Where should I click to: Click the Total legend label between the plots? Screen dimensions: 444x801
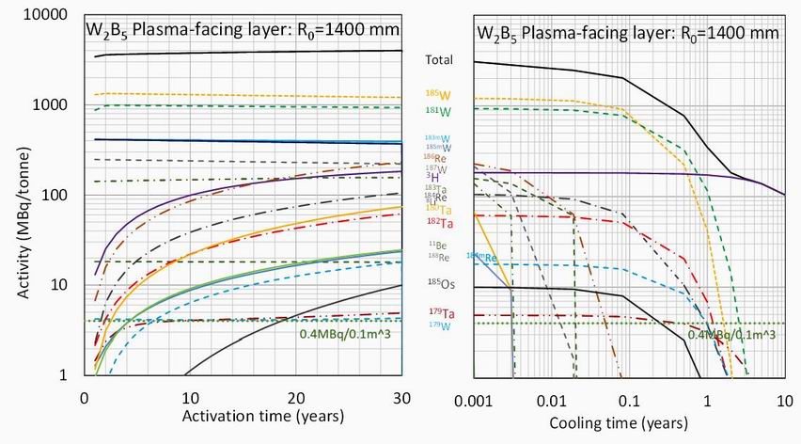tap(439, 60)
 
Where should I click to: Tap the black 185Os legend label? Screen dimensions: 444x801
tap(438, 281)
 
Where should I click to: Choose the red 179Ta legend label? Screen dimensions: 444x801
tap(439, 313)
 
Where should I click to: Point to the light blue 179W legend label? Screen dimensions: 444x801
tap(439, 326)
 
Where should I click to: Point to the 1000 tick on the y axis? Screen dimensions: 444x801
tap(53, 105)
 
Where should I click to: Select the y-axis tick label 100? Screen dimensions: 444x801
tap(56, 195)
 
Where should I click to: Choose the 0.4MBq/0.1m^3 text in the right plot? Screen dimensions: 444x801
tap(731, 334)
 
